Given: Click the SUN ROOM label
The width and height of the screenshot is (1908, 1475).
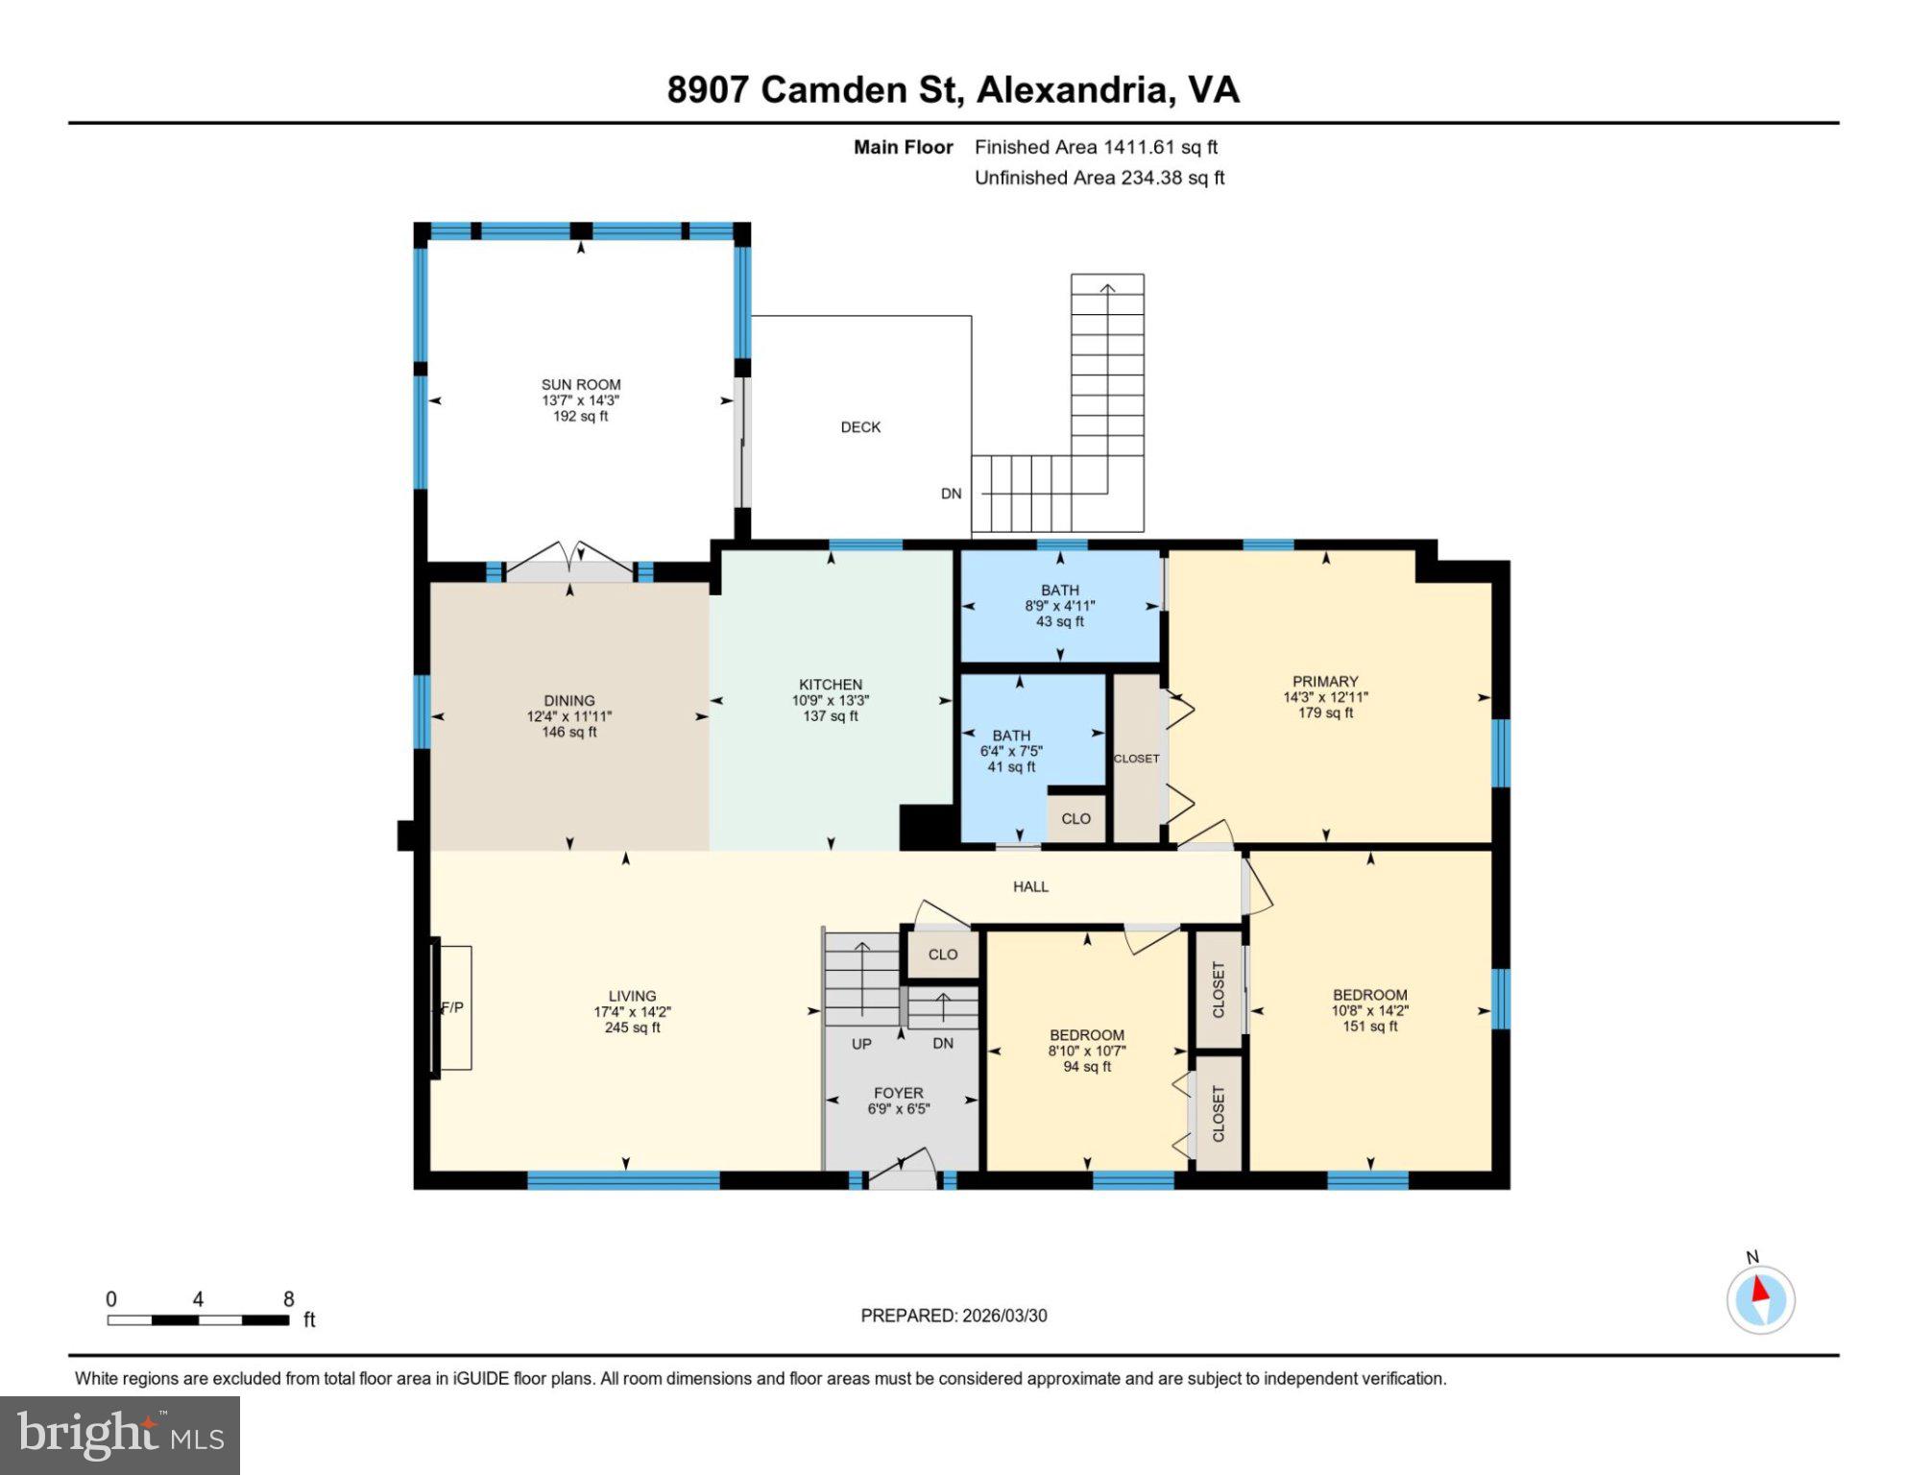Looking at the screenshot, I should point(580,384).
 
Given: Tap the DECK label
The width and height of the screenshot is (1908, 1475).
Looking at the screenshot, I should point(859,427).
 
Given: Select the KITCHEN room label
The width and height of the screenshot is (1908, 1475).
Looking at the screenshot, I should point(830,685).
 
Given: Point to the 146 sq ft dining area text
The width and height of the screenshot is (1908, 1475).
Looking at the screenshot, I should point(568,732).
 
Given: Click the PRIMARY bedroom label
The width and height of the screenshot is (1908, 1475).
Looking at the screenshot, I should point(1324,682).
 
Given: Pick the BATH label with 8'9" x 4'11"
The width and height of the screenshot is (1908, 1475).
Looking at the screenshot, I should point(1059,591).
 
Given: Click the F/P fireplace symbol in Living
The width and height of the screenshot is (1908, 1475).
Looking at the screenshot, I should point(452,1007).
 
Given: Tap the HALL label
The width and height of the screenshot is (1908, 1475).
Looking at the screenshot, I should point(1030,886).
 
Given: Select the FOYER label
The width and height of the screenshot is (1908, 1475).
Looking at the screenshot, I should point(898,1093).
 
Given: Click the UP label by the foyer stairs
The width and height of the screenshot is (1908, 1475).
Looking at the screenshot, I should point(861,1044).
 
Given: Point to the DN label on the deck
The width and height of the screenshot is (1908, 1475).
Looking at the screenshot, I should point(951,494).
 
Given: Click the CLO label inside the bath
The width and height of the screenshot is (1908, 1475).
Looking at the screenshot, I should point(1075,818).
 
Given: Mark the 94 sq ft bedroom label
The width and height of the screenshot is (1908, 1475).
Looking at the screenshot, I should point(1086,1066).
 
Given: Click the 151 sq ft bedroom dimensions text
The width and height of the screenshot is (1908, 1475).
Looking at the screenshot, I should point(1369,1010).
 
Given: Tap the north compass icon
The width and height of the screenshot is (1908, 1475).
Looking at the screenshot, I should point(1760,1299).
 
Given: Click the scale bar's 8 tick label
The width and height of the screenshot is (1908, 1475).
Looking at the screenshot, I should point(288,1299).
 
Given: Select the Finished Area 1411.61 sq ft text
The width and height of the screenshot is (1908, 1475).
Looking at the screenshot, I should point(1096,147).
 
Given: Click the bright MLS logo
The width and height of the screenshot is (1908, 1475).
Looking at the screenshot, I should point(120,1436).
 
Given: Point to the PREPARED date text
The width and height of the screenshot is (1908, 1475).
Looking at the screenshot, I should point(954,1316).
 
